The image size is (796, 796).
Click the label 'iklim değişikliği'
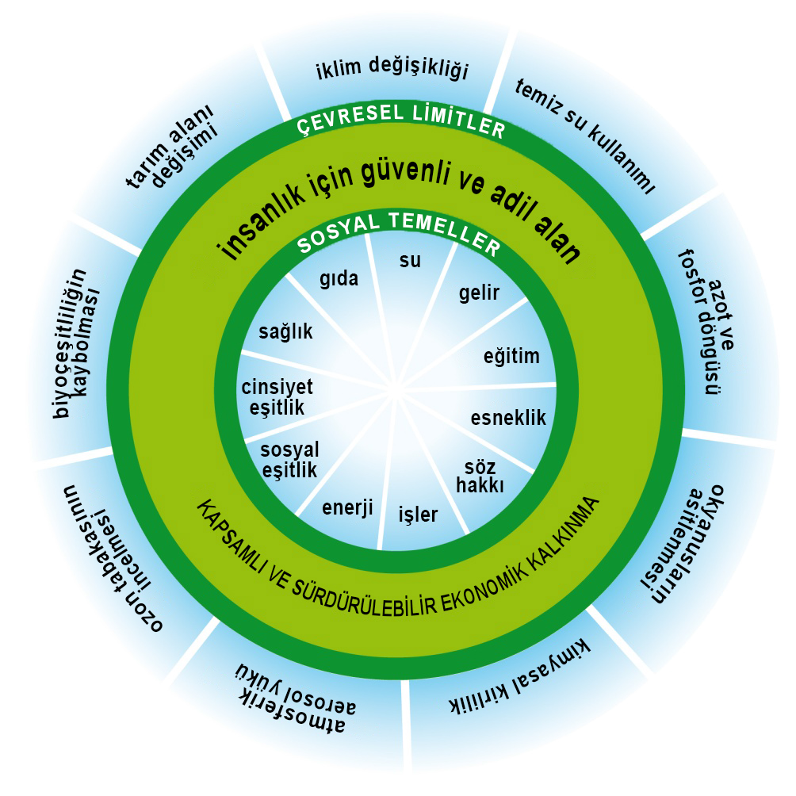coord(392,70)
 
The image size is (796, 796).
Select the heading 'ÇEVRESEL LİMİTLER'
coord(400,119)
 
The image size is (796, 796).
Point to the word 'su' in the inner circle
coord(410,259)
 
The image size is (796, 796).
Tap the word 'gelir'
coord(479,293)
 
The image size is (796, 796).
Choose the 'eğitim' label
coord(511,356)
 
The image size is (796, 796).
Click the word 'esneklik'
coord(509,417)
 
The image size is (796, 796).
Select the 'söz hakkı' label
coord(480,474)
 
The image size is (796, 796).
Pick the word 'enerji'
coord(347,507)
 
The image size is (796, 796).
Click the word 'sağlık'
coord(286,332)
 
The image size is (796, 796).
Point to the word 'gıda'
coord(339,279)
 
